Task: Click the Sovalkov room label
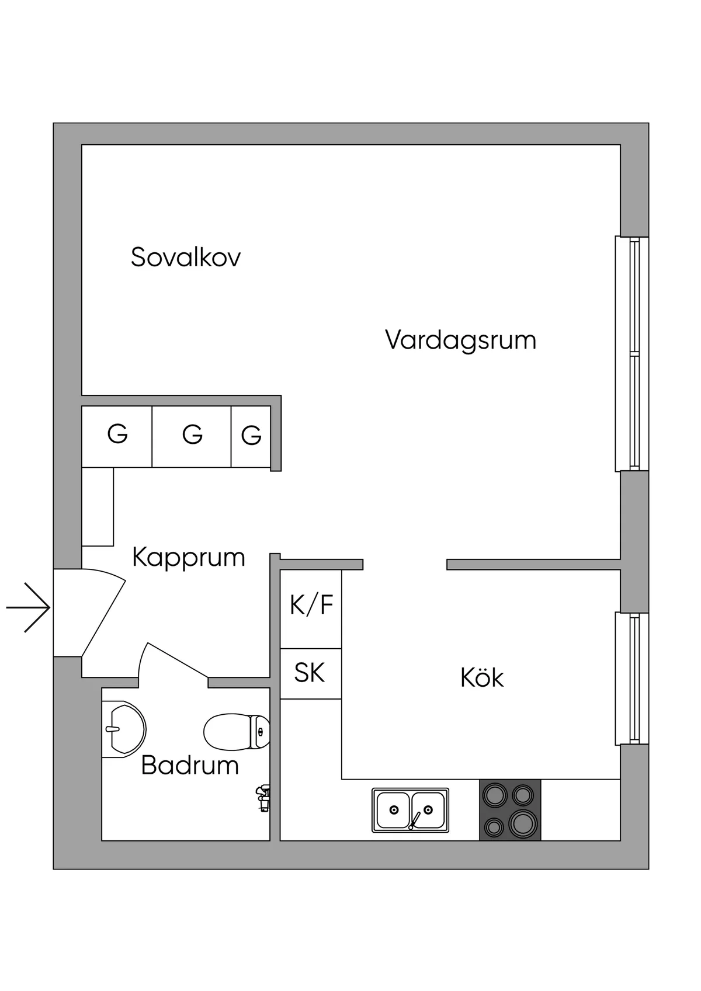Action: click(186, 257)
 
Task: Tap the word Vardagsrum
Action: click(461, 340)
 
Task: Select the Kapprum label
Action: click(189, 558)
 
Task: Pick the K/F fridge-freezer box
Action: click(311, 609)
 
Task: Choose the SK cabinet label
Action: click(310, 673)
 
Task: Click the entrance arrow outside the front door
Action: click(27, 607)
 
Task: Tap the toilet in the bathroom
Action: click(237, 731)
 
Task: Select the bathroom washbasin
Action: click(124, 729)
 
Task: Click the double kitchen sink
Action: click(410, 810)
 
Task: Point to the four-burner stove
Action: click(510, 810)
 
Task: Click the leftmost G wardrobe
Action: click(117, 436)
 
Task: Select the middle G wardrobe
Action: click(192, 436)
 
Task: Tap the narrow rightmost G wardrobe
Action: click(251, 436)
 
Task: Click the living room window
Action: click(632, 353)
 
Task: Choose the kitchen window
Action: click(632, 679)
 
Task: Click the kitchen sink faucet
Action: click(414, 820)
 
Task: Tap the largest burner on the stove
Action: click(523, 823)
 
